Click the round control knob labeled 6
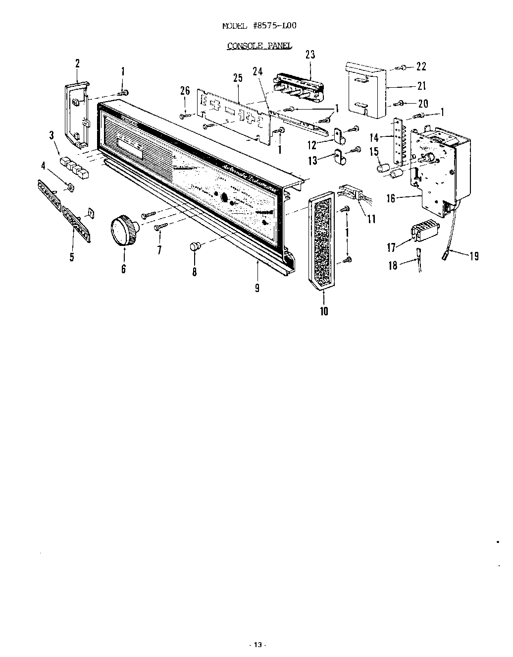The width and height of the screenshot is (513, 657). click(x=122, y=231)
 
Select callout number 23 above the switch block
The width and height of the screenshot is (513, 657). click(x=310, y=55)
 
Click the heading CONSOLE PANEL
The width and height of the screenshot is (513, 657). click(x=259, y=46)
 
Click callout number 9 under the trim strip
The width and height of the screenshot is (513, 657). click(x=257, y=288)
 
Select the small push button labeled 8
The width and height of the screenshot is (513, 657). click(x=195, y=246)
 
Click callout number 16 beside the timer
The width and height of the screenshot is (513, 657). click(x=391, y=199)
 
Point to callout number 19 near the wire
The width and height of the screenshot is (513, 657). click(x=474, y=256)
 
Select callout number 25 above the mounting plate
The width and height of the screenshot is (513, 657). click(x=238, y=78)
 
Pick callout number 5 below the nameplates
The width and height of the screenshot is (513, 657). click(x=72, y=257)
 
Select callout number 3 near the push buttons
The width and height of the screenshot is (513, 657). click(x=51, y=135)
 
